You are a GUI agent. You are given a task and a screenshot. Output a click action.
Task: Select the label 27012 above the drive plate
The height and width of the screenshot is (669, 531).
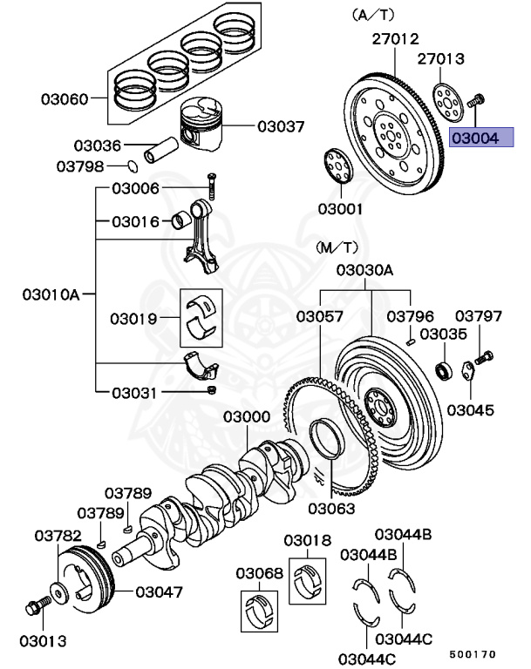click(396, 39)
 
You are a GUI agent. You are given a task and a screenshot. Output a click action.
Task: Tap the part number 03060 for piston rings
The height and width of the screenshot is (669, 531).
click(64, 99)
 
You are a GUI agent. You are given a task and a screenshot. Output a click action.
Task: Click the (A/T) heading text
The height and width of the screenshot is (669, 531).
click(373, 15)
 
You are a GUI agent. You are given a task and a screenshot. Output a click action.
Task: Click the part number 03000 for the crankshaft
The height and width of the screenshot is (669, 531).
click(246, 417)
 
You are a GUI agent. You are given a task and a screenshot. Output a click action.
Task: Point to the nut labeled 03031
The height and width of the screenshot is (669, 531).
click(212, 389)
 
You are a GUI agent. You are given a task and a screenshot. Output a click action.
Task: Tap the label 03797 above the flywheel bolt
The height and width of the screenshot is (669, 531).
click(479, 315)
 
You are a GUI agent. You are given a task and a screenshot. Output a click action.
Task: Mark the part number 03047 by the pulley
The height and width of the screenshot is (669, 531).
click(160, 592)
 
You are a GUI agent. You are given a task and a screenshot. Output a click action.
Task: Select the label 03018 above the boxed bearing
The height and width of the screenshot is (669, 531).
click(308, 541)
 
